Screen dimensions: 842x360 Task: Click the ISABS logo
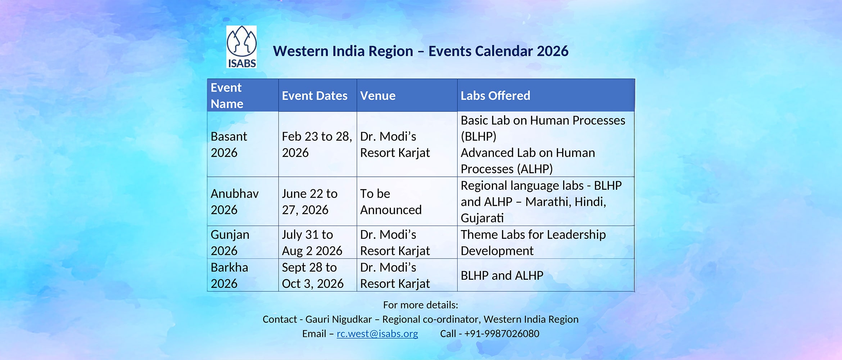click(x=241, y=47)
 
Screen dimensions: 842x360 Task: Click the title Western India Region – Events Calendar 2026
click(x=421, y=51)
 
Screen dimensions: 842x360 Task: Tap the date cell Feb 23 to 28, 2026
click(x=317, y=144)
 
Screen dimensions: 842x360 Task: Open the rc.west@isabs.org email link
click(x=377, y=334)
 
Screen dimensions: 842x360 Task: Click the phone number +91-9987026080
click(x=502, y=334)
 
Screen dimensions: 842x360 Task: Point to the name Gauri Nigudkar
click(x=339, y=319)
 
